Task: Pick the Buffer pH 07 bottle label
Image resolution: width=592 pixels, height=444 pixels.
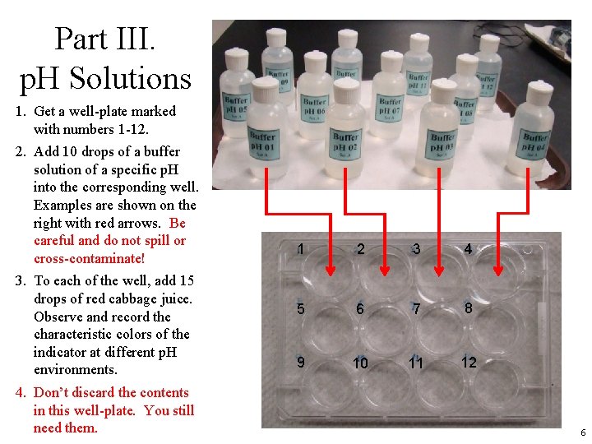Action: [390, 107]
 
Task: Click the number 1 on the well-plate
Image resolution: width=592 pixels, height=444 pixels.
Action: [301, 249]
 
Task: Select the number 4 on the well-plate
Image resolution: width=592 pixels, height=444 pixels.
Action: [468, 248]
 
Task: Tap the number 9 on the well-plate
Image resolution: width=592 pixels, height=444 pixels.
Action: [301, 362]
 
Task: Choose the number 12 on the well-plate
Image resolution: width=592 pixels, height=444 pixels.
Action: [468, 362]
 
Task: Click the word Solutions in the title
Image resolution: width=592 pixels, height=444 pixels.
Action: [130, 78]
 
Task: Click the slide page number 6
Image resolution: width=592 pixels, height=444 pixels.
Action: [582, 432]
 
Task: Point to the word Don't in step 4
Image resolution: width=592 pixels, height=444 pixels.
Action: [51, 393]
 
